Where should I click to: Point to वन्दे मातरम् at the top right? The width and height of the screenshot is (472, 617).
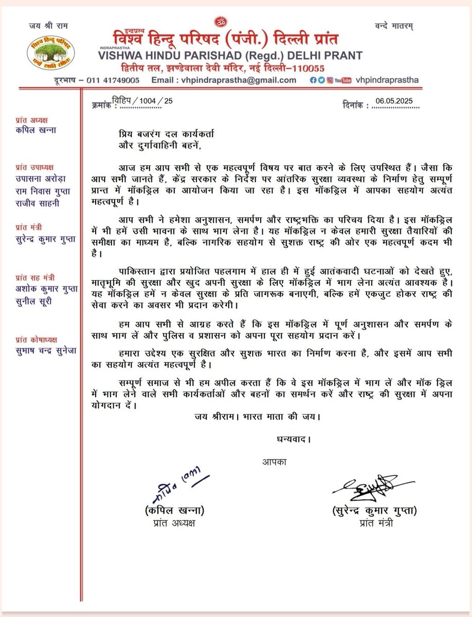[395, 25]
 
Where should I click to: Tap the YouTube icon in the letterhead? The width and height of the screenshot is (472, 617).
[342, 80]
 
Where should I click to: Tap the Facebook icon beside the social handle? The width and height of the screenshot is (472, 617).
[313, 80]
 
